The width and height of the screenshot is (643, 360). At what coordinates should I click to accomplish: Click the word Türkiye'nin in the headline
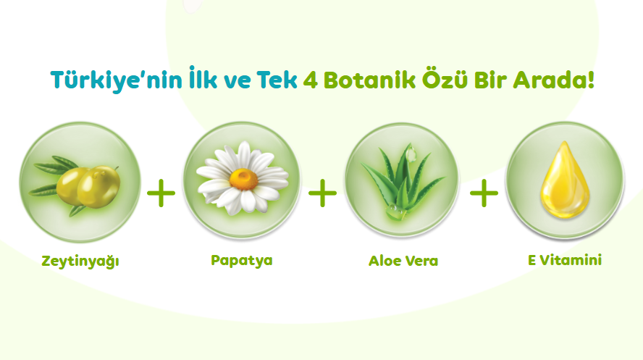point(117,80)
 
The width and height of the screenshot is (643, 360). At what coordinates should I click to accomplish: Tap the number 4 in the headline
point(311,80)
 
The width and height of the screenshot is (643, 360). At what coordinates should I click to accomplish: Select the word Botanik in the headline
point(369,80)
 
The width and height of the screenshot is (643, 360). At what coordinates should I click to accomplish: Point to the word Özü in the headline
point(445,78)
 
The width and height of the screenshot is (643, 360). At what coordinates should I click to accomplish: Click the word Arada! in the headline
point(554,80)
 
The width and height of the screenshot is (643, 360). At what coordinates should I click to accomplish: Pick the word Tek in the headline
point(277,80)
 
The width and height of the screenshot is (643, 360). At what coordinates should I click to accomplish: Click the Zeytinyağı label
point(80,261)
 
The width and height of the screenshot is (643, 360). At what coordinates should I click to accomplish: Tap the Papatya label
point(242,260)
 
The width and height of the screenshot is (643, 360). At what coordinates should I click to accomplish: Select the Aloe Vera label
point(403,261)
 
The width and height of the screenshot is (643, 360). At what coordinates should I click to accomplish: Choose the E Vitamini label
point(565,260)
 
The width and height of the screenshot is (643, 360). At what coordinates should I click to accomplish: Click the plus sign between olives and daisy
point(161,193)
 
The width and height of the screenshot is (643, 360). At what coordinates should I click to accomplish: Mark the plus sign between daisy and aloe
point(323,193)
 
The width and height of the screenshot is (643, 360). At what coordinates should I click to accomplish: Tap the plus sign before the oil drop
point(484,193)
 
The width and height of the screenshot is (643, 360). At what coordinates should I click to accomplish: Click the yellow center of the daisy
point(243,180)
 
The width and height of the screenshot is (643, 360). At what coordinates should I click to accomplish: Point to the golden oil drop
point(565,180)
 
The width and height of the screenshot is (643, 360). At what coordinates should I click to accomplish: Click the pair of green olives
point(88,187)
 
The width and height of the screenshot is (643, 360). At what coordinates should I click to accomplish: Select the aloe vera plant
point(403,182)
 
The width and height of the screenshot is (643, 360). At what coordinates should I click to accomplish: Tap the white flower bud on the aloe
point(411,154)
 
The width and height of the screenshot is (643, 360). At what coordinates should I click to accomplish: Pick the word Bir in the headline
point(490,80)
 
